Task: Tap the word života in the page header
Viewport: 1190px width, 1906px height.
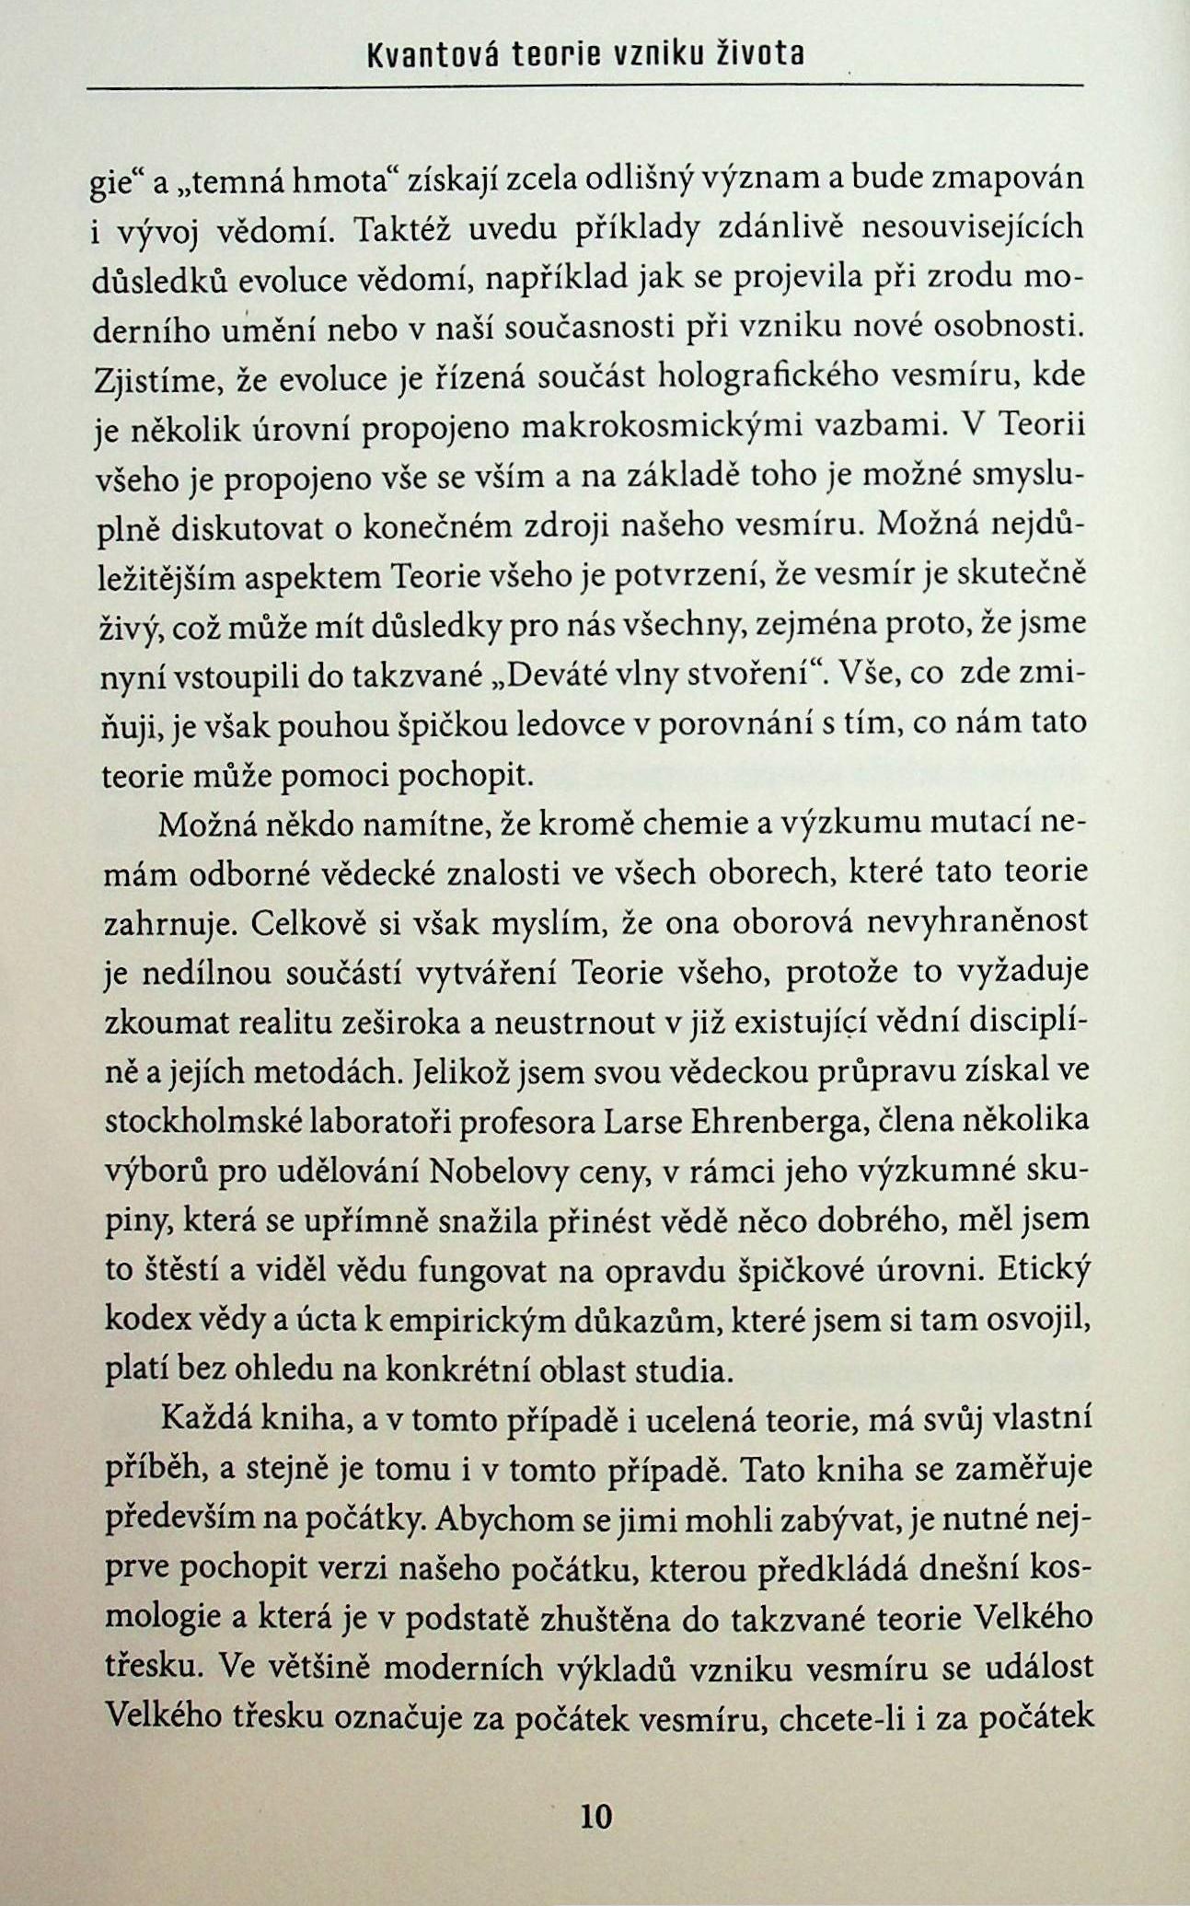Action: [x=760, y=56]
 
